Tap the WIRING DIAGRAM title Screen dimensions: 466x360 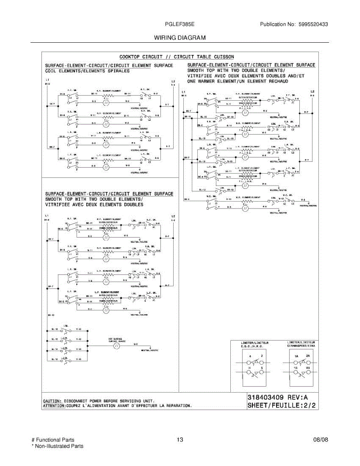[x=180, y=38]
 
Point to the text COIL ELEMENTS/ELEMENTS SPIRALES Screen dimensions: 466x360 [x=87, y=71]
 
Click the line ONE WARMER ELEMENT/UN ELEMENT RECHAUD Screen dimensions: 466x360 [x=238, y=82]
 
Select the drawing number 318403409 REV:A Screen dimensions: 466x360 [x=278, y=398]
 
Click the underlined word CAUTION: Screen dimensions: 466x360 [x=52, y=400]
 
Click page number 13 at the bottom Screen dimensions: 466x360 [x=179, y=440]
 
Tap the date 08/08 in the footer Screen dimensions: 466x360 [x=320, y=440]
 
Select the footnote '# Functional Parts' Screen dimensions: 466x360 [x=53, y=440]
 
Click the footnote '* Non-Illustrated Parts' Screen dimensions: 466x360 [x=57, y=446]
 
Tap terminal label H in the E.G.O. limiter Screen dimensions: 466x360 [x=250, y=367]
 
